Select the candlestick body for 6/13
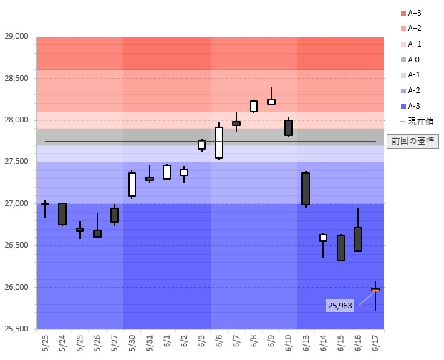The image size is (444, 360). pyautogui.click(x=306, y=189)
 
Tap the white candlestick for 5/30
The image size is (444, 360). pyautogui.click(x=132, y=185)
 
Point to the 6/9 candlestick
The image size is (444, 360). pyautogui.click(x=271, y=102)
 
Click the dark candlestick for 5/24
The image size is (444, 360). pyautogui.click(x=62, y=214)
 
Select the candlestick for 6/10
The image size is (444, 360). pyautogui.click(x=289, y=127)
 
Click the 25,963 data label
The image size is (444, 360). pyautogui.click(x=340, y=306)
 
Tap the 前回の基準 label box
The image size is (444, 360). pyautogui.click(x=412, y=141)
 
